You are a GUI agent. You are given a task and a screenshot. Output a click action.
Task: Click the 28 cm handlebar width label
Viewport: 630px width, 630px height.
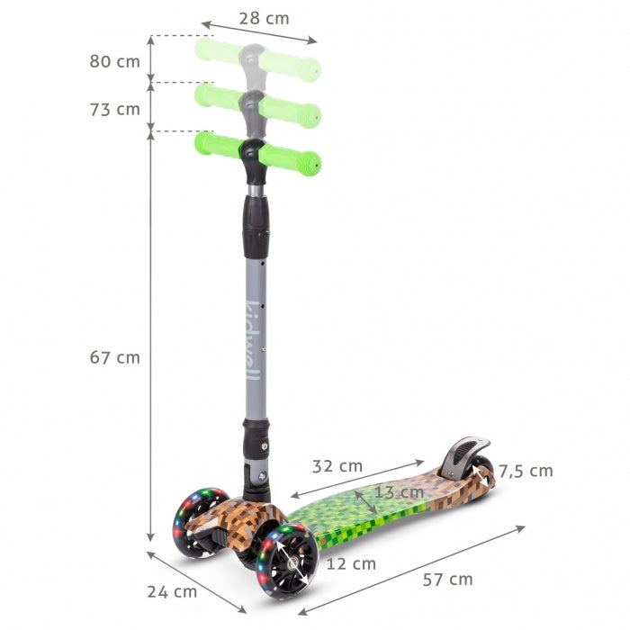pyautogui.click(x=265, y=18)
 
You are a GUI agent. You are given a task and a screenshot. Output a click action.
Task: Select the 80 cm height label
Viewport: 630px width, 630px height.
pyautogui.click(x=115, y=61)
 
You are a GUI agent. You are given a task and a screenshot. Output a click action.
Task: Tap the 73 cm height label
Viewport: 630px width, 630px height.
pyautogui.click(x=115, y=109)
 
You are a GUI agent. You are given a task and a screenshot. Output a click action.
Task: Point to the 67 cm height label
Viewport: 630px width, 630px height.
pyautogui.click(x=115, y=357)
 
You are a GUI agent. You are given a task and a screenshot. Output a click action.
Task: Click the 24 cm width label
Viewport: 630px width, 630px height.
pyautogui.click(x=172, y=591)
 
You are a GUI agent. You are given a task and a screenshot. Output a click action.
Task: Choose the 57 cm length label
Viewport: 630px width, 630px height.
pyautogui.click(x=447, y=579)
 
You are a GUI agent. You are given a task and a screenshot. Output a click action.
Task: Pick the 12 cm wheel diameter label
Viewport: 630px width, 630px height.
pyautogui.click(x=351, y=564)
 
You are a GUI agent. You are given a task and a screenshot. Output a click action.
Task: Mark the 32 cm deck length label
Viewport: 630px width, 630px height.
pyautogui.click(x=337, y=466)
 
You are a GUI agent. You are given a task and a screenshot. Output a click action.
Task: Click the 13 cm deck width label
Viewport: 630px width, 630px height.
pyautogui.click(x=399, y=492)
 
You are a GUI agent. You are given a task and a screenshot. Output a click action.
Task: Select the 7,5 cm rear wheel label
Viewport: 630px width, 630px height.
pyautogui.click(x=526, y=471)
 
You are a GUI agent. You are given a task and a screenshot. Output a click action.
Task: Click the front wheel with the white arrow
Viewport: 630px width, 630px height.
pyautogui.click(x=287, y=561)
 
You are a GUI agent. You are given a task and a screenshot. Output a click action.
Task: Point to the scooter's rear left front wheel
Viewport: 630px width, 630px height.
pyautogui.click(x=200, y=522)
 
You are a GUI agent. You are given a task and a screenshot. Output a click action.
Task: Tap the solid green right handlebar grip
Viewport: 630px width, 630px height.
pyautogui.click(x=291, y=159)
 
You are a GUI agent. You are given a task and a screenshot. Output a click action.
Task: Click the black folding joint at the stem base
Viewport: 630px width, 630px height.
pyautogui.click(x=256, y=481)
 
